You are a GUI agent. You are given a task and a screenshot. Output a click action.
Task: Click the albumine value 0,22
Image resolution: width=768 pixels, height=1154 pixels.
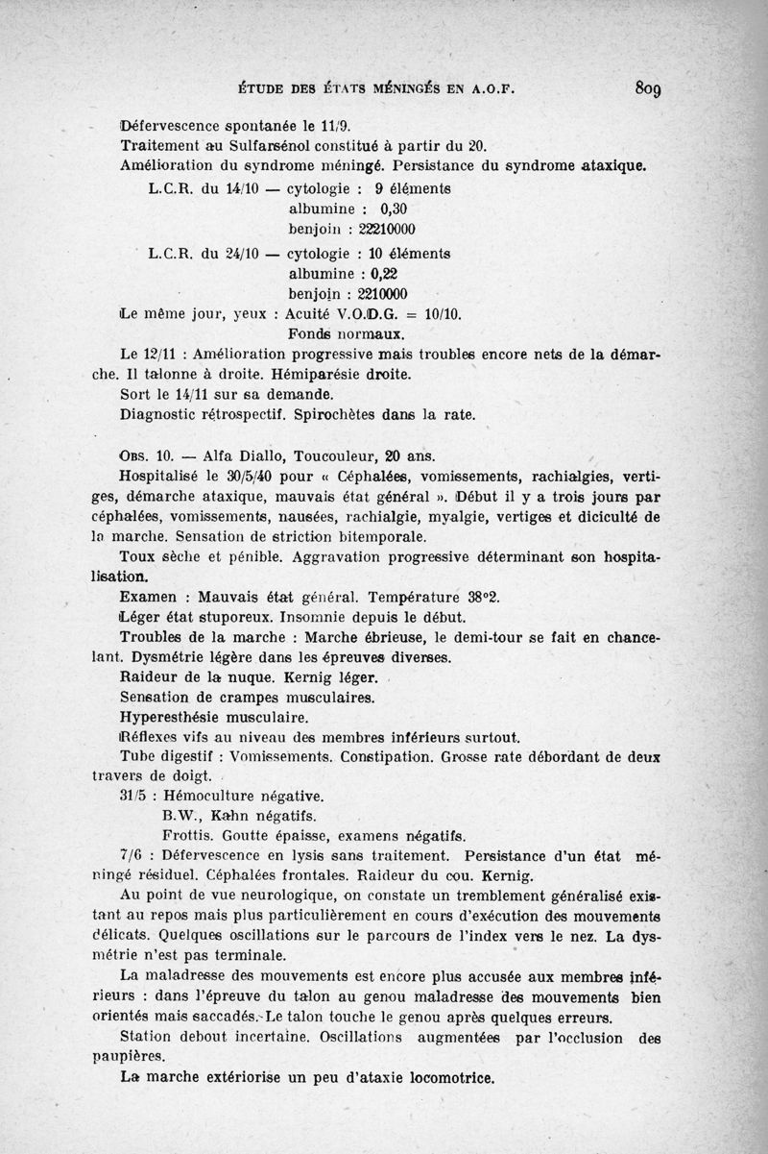point(391,273)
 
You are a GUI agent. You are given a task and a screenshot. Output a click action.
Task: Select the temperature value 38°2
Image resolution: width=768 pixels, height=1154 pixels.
point(476,597)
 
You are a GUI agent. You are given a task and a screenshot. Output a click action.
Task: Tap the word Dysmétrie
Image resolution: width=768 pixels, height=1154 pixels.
point(184,657)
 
